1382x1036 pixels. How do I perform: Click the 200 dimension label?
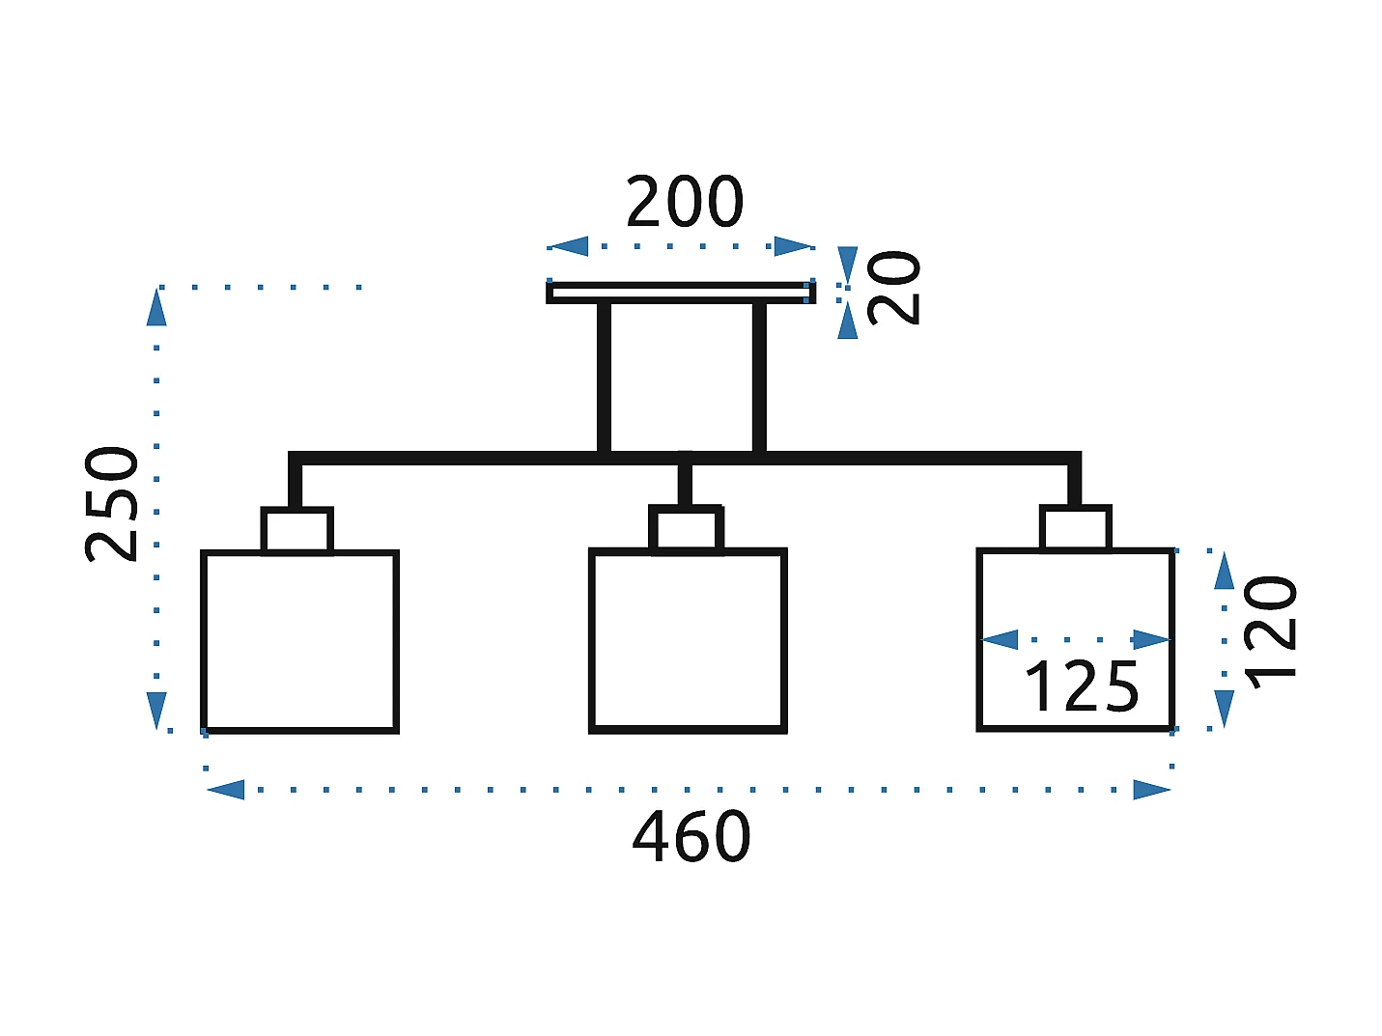pyautogui.click(x=685, y=202)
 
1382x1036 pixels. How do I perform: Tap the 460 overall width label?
pyautogui.click(x=691, y=836)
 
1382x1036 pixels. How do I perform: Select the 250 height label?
pyautogui.click(x=112, y=504)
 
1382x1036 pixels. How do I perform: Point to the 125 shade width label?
pyautogui.click(x=1082, y=687)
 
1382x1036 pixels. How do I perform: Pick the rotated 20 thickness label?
pyautogui.click(x=894, y=288)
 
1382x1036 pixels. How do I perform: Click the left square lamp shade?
pyautogui.click(x=299, y=641)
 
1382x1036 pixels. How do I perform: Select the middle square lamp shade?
pyautogui.click(x=688, y=641)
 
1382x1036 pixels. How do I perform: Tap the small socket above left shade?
pyautogui.click(x=297, y=530)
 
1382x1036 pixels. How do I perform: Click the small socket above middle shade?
pyautogui.click(x=686, y=529)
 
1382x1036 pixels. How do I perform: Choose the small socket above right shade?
pyautogui.click(x=1076, y=528)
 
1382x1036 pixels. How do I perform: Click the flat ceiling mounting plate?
pyautogui.click(x=680, y=292)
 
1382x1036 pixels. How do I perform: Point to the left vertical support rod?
pyautogui.click(x=604, y=377)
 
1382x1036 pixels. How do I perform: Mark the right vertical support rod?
pyautogui.click(x=759, y=377)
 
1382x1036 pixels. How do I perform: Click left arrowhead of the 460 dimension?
pyautogui.click(x=225, y=790)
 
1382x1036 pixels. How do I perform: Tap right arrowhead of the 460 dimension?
pyautogui.click(x=1152, y=790)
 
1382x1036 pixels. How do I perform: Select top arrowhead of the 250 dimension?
pyautogui.click(x=156, y=307)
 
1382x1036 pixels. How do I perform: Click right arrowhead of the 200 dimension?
pyautogui.click(x=794, y=246)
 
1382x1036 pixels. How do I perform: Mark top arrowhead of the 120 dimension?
pyautogui.click(x=1225, y=571)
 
